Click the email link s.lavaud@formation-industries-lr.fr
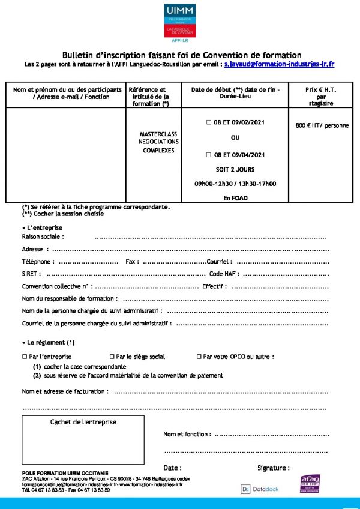(x=279, y=64)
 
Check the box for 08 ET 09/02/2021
(x=209, y=122)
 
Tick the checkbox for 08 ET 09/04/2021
(x=209, y=154)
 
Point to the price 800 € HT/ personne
(x=322, y=126)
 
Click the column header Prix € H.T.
(x=320, y=89)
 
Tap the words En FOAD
(x=235, y=197)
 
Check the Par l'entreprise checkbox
(x=25, y=357)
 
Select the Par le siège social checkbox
(x=112, y=357)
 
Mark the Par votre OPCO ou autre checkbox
(x=199, y=357)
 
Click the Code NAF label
(x=223, y=274)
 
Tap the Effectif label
(x=214, y=286)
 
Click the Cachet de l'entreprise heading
(x=83, y=422)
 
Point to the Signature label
(x=273, y=468)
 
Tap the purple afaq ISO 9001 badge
(x=310, y=484)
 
